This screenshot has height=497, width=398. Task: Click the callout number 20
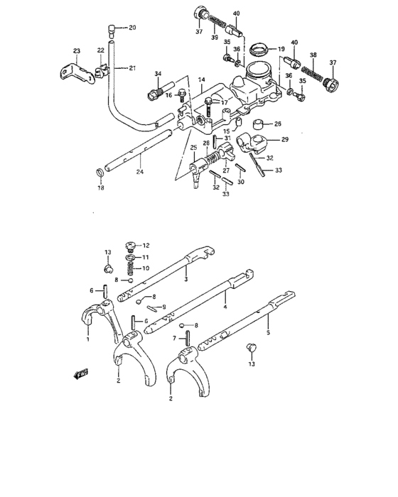click(131, 28)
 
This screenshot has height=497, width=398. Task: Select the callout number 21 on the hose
click(131, 68)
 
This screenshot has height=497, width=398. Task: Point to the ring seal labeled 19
click(259, 50)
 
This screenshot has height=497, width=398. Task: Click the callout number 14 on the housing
click(201, 80)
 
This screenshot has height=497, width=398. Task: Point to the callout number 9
click(164, 307)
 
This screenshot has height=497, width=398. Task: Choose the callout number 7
click(175, 339)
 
